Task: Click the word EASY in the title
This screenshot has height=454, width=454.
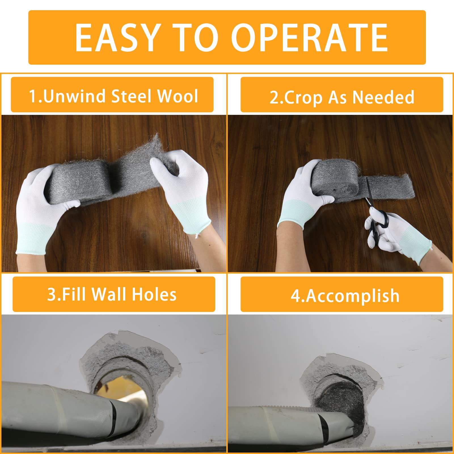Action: tap(116, 38)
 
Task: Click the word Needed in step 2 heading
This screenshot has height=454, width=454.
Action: tap(383, 98)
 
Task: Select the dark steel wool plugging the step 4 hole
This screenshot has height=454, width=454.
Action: tap(342, 404)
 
